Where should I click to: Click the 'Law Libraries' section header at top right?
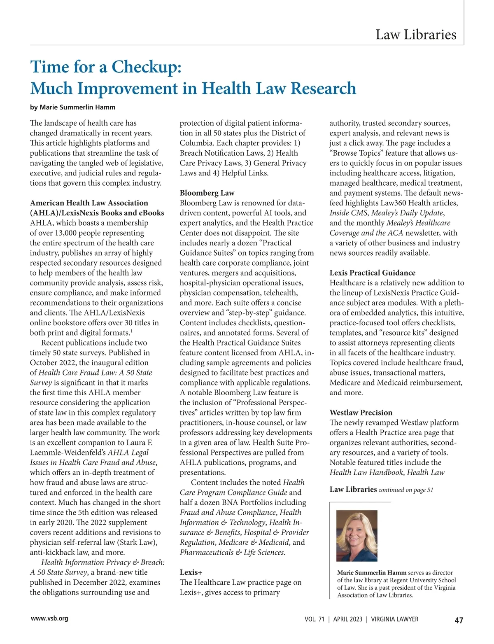(416, 35)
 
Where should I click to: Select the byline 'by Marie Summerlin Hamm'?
(72, 107)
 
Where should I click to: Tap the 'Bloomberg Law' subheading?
(207, 193)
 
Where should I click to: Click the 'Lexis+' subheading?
(191, 572)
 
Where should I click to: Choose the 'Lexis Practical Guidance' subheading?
(373, 273)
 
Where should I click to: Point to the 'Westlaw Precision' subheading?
(361, 413)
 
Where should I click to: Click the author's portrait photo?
(357, 536)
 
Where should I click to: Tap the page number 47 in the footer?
(459, 621)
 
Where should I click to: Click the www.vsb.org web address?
(49, 618)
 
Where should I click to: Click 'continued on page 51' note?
(405, 490)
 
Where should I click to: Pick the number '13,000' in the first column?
(57, 233)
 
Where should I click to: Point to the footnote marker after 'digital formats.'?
(131, 331)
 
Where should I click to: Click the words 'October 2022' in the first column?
(53, 363)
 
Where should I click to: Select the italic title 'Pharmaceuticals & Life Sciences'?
(232, 553)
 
